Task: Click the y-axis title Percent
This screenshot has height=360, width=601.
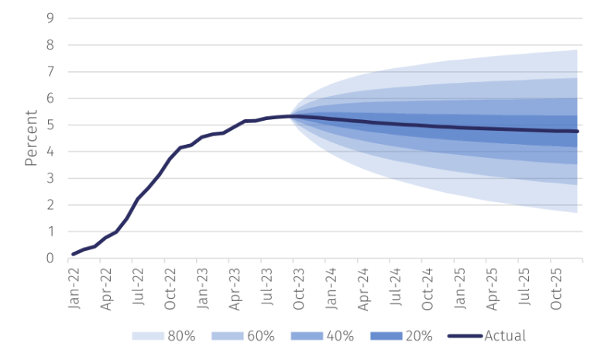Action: coord(31,138)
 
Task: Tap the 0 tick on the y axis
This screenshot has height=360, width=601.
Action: coord(50,258)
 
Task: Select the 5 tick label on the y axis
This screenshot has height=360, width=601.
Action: coord(50,125)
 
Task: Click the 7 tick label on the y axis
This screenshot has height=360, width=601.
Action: coord(50,72)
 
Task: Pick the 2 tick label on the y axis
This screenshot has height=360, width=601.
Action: coord(50,205)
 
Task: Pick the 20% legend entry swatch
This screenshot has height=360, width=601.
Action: coord(386,336)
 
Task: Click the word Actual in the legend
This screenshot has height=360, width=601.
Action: coord(505,336)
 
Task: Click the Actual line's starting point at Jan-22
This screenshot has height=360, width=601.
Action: coord(73,254)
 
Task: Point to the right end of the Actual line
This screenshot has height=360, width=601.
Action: coord(578,132)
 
